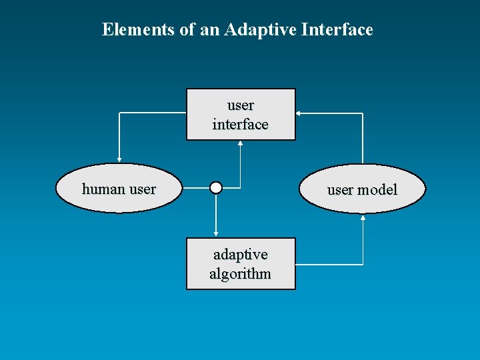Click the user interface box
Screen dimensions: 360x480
[x=240, y=115]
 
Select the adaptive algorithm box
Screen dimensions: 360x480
[x=240, y=264]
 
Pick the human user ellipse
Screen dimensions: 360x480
[x=119, y=189]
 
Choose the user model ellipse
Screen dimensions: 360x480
[x=362, y=189]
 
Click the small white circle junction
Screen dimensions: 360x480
[x=215, y=188]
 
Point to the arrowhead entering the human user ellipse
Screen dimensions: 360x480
[x=119, y=160]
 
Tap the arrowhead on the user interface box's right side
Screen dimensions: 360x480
[x=298, y=114]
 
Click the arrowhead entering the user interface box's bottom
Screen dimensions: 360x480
[x=240, y=143]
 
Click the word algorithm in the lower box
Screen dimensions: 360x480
[x=240, y=273]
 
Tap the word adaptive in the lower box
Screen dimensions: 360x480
[x=240, y=255]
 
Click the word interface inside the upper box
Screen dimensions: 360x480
[x=240, y=125]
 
